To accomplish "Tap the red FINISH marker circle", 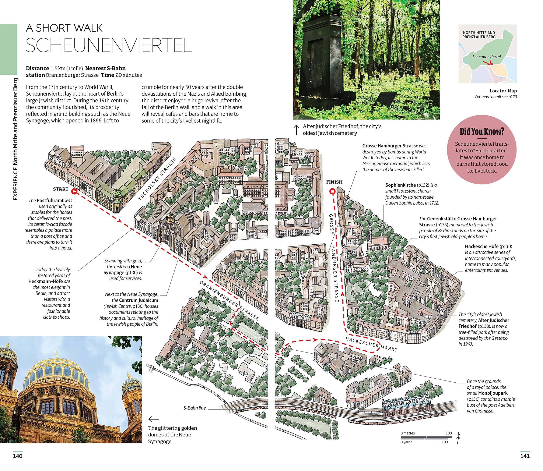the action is coord(332,192).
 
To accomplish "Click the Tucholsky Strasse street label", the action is coord(157,179).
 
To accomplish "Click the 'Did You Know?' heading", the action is coord(482,131).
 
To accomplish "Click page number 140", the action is coord(18,456).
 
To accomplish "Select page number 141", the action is coord(525,456).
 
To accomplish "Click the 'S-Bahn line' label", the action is coord(195,408).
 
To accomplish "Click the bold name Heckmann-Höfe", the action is coord(45,281).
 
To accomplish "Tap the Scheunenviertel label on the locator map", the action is coord(486,57).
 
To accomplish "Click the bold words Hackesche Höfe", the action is coord(482,247).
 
